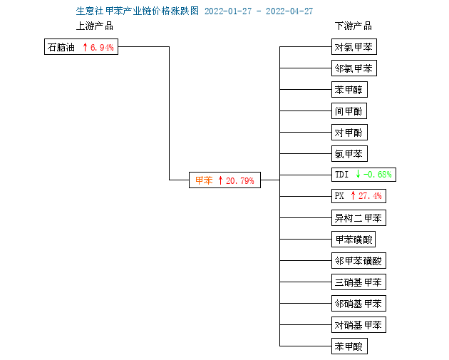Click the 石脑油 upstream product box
point(81,46)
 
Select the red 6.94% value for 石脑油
point(102,47)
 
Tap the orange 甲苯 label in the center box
point(204,180)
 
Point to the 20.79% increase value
point(239,181)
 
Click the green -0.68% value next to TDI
point(377,175)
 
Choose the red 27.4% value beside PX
point(370,196)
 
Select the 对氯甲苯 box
point(354,46)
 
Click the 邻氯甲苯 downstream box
point(354,68)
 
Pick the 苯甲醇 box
point(349,90)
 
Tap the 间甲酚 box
point(349,110)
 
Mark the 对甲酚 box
point(349,133)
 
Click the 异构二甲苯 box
point(358,218)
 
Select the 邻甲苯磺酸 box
point(358,261)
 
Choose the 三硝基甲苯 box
point(358,282)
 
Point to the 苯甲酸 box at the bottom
point(349,346)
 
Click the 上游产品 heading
point(95,26)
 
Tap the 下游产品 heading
point(353,26)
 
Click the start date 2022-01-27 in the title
point(228,11)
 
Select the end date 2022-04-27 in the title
point(289,11)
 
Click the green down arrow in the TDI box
point(358,174)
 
